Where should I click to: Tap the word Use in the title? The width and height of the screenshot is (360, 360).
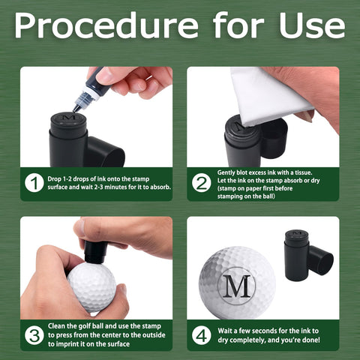pyautogui.click(x=312, y=25)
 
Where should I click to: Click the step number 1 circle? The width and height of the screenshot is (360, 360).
pyautogui.click(x=34, y=183)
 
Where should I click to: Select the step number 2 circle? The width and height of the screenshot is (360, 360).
pyautogui.click(x=202, y=183)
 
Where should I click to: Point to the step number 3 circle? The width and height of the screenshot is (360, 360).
pyautogui.click(x=34, y=335)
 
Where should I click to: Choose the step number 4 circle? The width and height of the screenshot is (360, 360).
pyautogui.click(x=202, y=335)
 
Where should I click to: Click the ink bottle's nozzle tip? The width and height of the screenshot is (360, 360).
pyautogui.click(x=75, y=109)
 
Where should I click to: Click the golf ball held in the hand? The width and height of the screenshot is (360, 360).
pyautogui.click(x=92, y=287)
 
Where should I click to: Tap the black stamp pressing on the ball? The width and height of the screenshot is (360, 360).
pyautogui.click(x=95, y=252)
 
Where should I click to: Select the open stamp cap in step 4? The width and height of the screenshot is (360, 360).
pyautogui.click(x=321, y=260)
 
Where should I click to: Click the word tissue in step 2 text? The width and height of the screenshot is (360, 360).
pyautogui.click(x=304, y=172)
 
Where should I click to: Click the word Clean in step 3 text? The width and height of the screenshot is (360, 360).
pyautogui.click(x=56, y=326)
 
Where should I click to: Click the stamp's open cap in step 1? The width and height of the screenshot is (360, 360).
pyautogui.click(x=106, y=152)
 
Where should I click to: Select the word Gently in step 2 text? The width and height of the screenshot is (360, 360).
pyautogui.click(x=226, y=172)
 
